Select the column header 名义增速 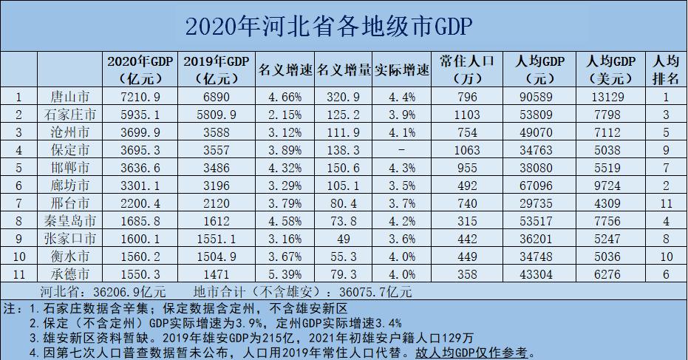(285, 70)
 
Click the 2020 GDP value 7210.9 (129, 96)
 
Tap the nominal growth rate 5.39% (285, 274)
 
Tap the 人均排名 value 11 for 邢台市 (667, 203)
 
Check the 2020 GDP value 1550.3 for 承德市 (129, 274)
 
